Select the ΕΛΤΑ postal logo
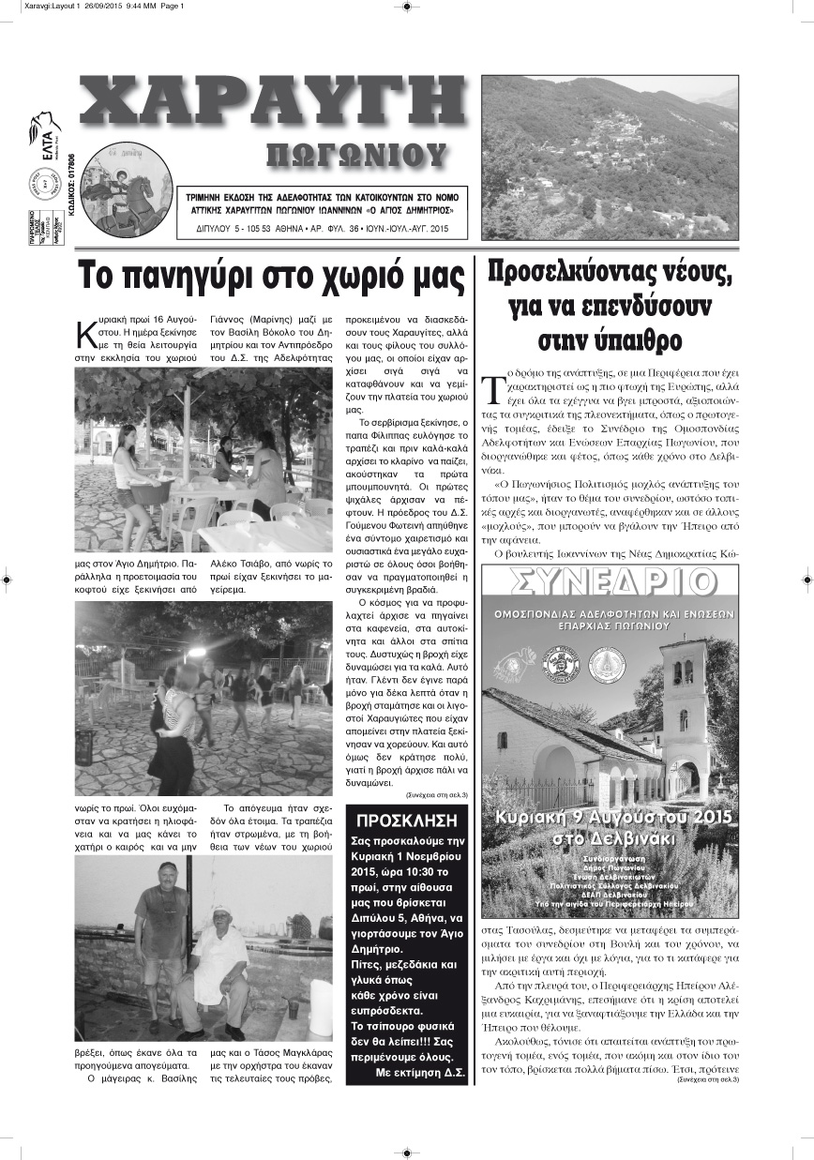[44, 131]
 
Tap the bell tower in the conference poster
[685, 703]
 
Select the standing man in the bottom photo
[160, 938]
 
